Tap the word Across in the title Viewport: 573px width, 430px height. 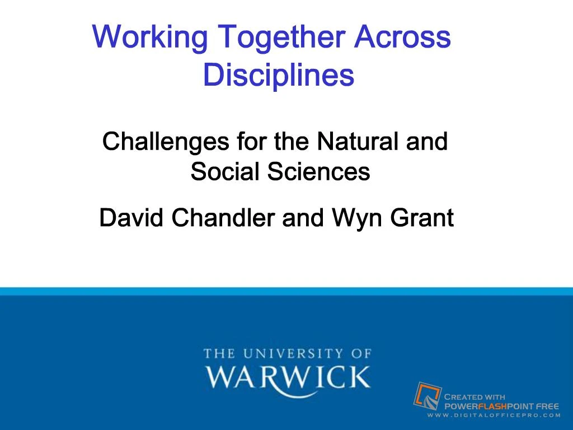403,37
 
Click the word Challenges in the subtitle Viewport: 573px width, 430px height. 166,142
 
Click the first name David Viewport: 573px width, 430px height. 131,218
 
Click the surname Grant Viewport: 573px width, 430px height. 421,218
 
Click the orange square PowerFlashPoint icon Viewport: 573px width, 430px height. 427,395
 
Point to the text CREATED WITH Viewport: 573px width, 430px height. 475,397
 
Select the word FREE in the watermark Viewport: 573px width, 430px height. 547,406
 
